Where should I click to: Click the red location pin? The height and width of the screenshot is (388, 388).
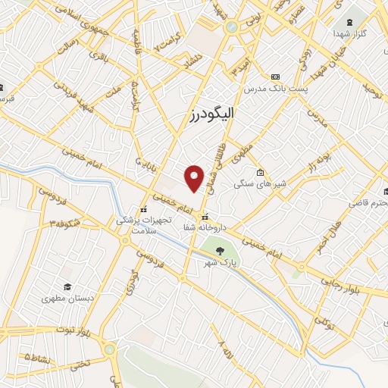coord(195,177)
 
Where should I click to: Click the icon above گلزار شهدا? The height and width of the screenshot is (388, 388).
coord(349,22)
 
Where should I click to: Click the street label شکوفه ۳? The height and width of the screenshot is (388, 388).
coord(65,222)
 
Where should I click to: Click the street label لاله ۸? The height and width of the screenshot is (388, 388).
coord(225,349)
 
